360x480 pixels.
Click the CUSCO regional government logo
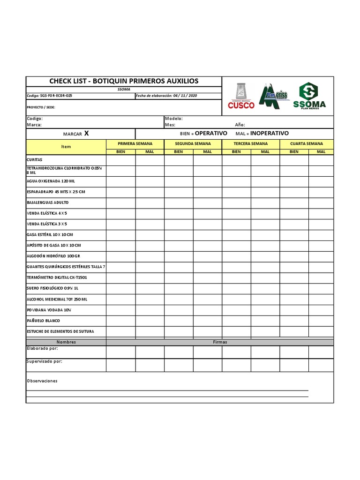(241, 96)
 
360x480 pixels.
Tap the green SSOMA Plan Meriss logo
(309, 96)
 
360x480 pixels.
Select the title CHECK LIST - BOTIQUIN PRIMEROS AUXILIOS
(124, 81)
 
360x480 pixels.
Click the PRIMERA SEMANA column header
(135, 143)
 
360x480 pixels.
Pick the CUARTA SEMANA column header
(307, 143)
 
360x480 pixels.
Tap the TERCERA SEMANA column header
(250, 143)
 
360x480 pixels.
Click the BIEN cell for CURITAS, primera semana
(120, 160)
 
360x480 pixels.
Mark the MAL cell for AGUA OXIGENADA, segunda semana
(207, 181)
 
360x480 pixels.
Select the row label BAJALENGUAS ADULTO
(47, 202)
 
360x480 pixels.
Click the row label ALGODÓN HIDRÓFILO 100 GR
(53, 256)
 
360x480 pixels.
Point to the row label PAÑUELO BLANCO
(43, 321)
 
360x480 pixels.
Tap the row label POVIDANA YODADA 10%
(49, 310)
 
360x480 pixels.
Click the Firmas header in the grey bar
(220, 342)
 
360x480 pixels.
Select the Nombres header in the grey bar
(66, 342)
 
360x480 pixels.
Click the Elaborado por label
(43, 349)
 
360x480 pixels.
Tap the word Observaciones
(42, 381)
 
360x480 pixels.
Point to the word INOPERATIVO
(270, 134)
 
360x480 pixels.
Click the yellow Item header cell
(66, 147)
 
